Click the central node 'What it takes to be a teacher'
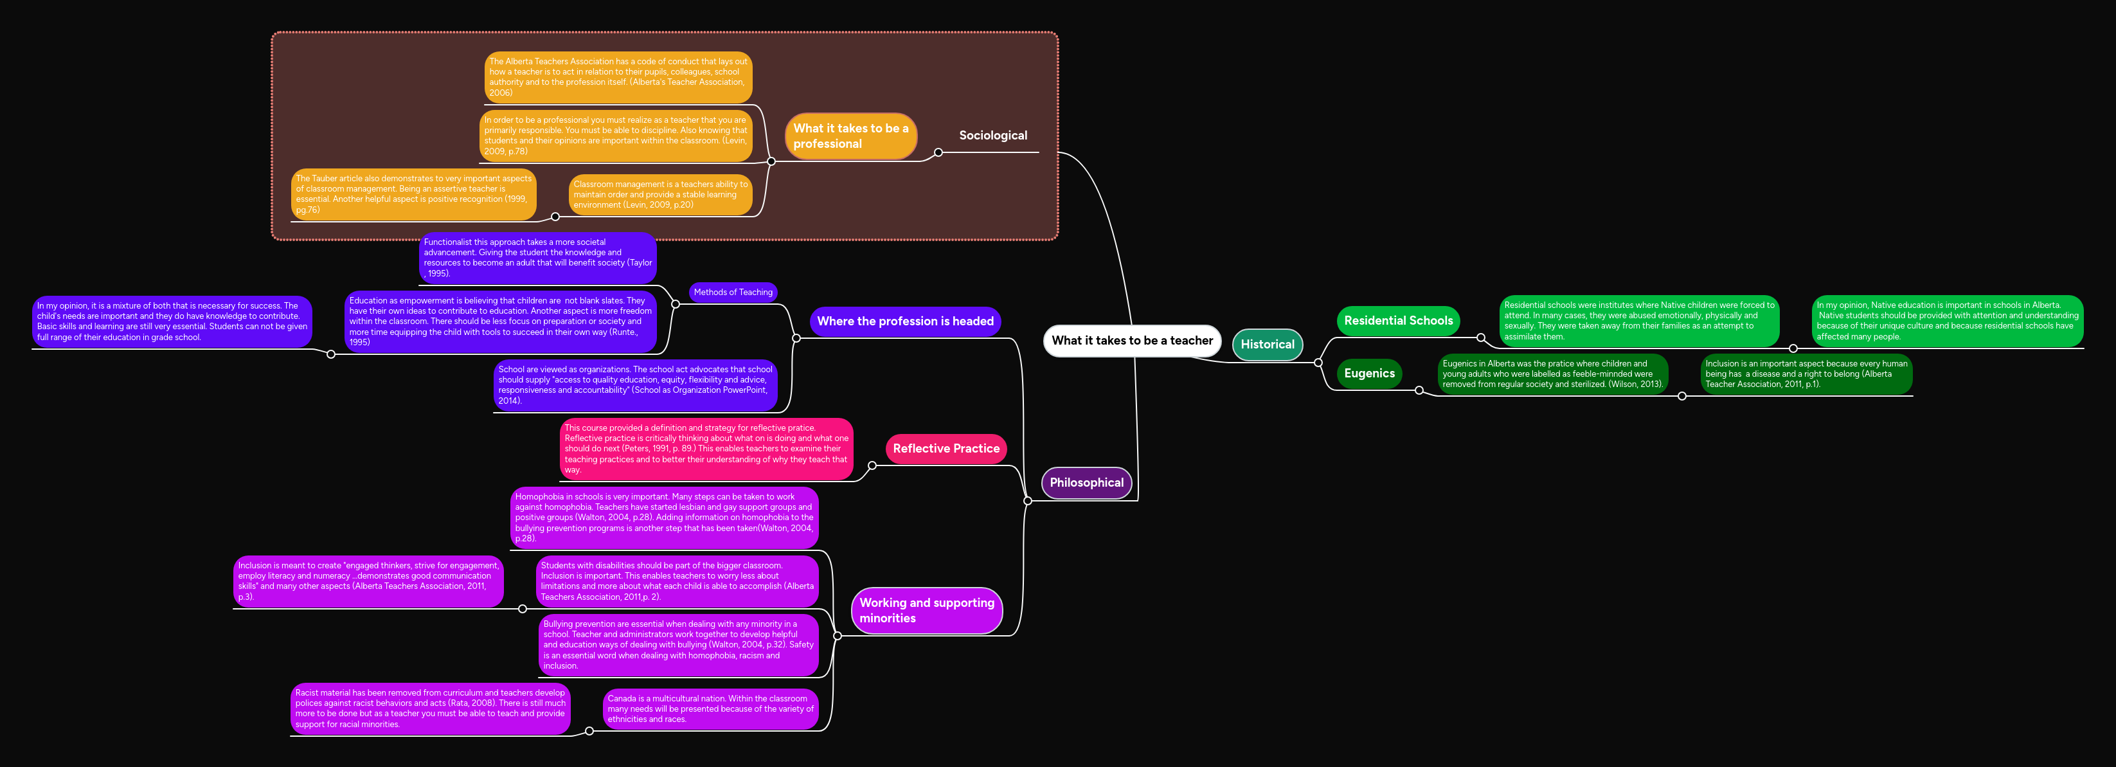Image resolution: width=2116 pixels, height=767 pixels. [1132, 341]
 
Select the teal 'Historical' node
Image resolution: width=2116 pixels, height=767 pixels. [1267, 345]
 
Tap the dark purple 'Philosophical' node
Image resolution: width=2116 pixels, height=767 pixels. [1086, 483]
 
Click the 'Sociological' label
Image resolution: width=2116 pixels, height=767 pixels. [992, 136]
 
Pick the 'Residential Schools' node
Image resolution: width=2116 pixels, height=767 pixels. [1397, 321]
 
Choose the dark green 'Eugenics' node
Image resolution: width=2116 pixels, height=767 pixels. [1368, 374]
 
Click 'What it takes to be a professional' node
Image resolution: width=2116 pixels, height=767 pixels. [850, 136]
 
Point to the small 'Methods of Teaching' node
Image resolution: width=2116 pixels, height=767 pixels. [733, 293]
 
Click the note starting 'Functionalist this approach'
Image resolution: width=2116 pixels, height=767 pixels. [537, 258]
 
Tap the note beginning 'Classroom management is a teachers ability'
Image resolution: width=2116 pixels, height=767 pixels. [660, 195]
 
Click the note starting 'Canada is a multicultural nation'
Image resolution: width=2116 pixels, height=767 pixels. [710, 708]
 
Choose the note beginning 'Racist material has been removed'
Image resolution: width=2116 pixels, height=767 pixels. [429, 708]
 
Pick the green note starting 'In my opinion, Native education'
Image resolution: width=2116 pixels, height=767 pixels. [1947, 321]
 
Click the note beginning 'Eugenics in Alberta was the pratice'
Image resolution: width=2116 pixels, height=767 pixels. [1552, 374]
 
